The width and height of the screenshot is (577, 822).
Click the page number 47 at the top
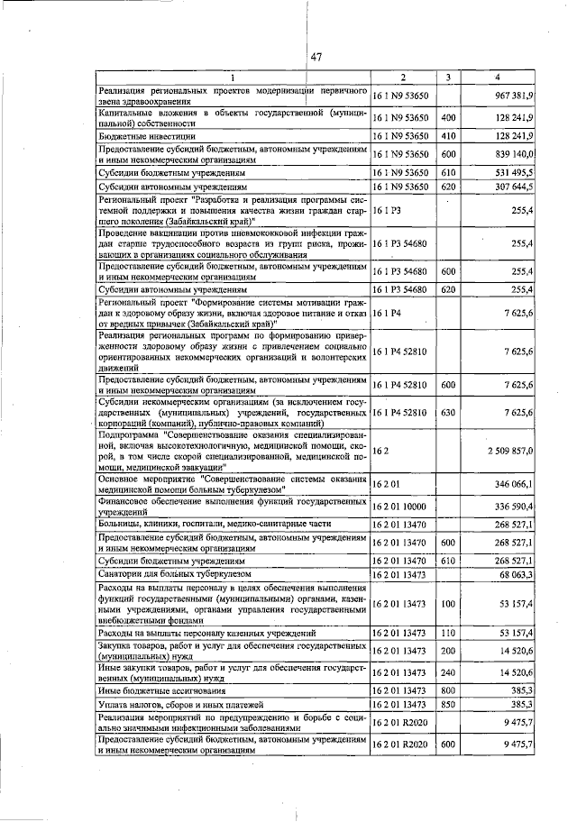tap(316, 58)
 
